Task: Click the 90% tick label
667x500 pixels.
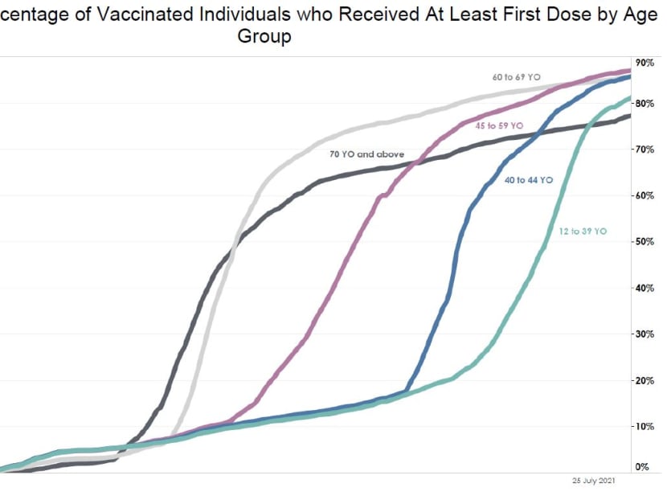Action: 645,63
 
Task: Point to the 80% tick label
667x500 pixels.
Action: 645,104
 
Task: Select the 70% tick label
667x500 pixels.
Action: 645,150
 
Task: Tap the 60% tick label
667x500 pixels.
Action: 645,195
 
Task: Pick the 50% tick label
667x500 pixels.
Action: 645,242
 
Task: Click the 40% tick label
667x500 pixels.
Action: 645,288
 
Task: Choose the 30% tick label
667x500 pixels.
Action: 645,334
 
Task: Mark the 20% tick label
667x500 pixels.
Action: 645,380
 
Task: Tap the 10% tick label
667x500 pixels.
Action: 645,426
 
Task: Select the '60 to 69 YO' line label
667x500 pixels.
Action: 516,78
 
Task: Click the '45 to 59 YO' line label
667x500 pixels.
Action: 499,126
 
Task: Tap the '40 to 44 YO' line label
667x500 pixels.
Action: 529,180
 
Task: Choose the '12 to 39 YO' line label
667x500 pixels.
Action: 583,232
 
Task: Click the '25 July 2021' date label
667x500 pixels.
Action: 593,482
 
